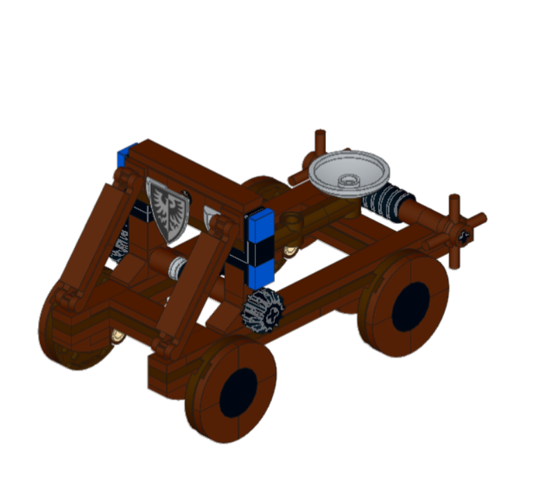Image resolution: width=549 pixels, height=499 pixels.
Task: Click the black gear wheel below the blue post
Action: [263, 308]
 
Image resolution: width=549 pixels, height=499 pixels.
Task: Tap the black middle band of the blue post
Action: [261, 252]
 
